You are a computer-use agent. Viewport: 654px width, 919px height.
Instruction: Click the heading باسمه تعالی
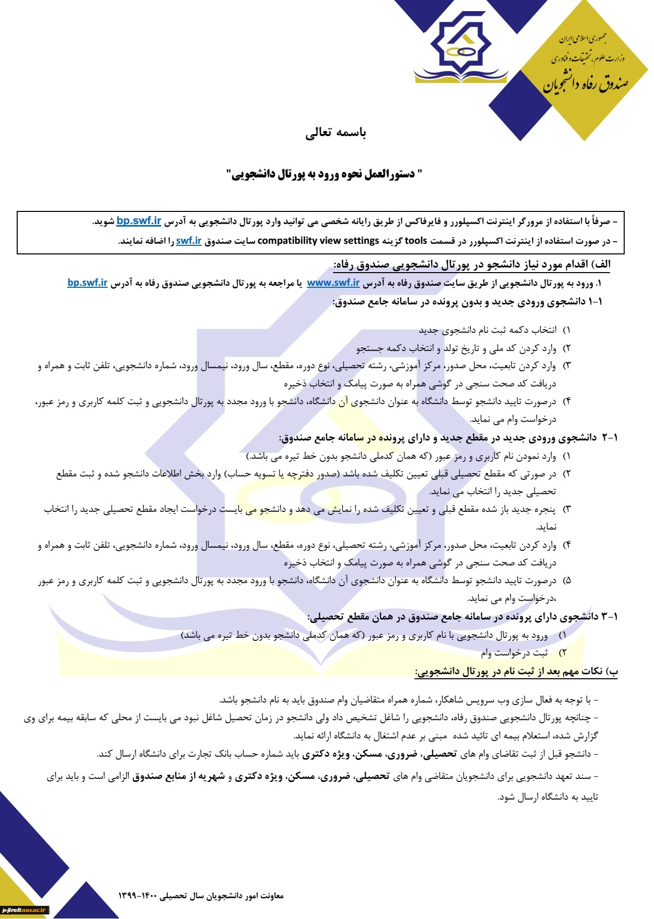[336, 133]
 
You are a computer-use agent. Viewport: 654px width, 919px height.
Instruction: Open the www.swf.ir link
[333, 283]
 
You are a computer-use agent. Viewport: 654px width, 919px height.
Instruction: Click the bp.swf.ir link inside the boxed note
[138, 221]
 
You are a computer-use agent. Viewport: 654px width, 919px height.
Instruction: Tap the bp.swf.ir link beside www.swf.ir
[87, 283]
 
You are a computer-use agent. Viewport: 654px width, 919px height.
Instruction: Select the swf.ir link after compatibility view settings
[189, 241]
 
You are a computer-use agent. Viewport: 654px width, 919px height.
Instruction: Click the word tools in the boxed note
[416, 241]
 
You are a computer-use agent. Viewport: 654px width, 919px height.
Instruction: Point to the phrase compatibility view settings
[318, 241]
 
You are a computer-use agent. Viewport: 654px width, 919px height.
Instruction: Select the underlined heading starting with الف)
[472, 265]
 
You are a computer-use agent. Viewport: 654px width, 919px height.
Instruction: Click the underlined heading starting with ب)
[516, 671]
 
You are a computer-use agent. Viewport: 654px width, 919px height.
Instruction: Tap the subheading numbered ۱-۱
[468, 302]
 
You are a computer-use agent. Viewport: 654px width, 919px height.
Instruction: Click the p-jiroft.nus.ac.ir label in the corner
[24, 910]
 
